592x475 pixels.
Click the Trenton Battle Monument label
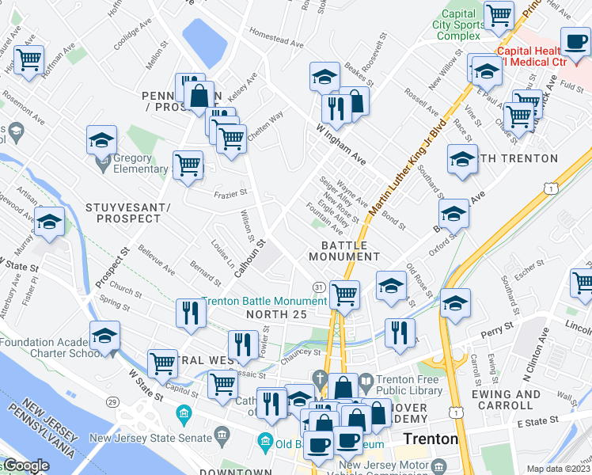click(x=264, y=302)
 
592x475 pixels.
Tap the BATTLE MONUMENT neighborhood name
click(x=344, y=251)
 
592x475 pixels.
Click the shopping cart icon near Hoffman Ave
click(x=28, y=59)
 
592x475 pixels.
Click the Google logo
click(x=25, y=465)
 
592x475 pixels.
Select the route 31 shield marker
click(x=318, y=286)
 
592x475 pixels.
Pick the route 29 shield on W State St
click(x=114, y=403)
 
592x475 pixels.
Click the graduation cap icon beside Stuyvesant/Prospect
click(x=49, y=223)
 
